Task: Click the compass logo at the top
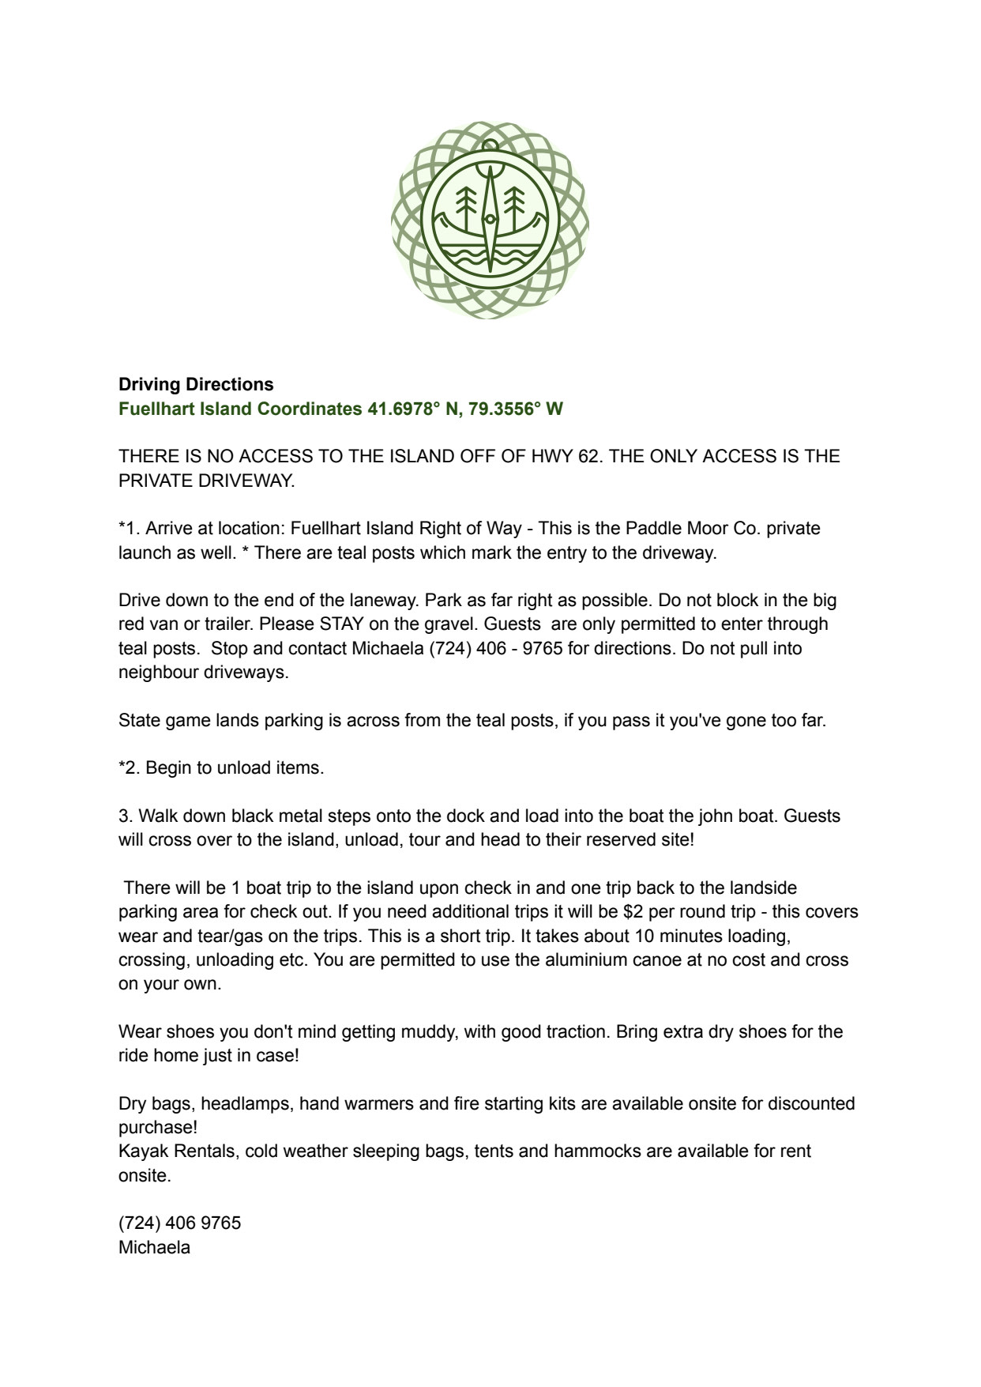pos(490,220)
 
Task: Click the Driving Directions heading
pos(196,385)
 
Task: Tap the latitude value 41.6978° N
pos(414,409)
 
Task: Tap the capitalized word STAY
pos(341,624)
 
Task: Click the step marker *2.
pos(129,768)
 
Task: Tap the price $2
pos(633,912)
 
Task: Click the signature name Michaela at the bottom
pos(154,1248)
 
